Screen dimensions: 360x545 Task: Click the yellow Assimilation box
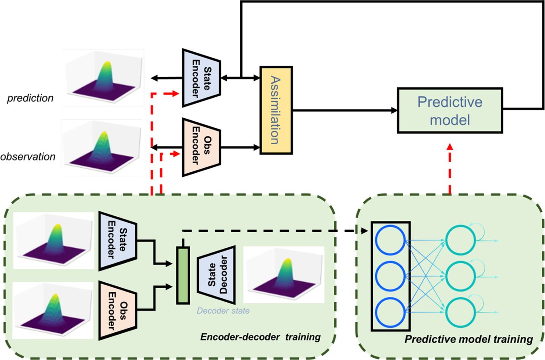point(277,110)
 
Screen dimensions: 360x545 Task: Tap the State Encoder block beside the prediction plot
point(201,78)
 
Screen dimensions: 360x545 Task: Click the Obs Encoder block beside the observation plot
point(201,147)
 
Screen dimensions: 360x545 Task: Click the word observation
point(28,157)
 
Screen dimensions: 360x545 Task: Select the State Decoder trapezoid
point(216,275)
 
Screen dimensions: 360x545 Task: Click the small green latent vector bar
point(182,275)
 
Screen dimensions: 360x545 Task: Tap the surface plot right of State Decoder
point(283,275)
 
